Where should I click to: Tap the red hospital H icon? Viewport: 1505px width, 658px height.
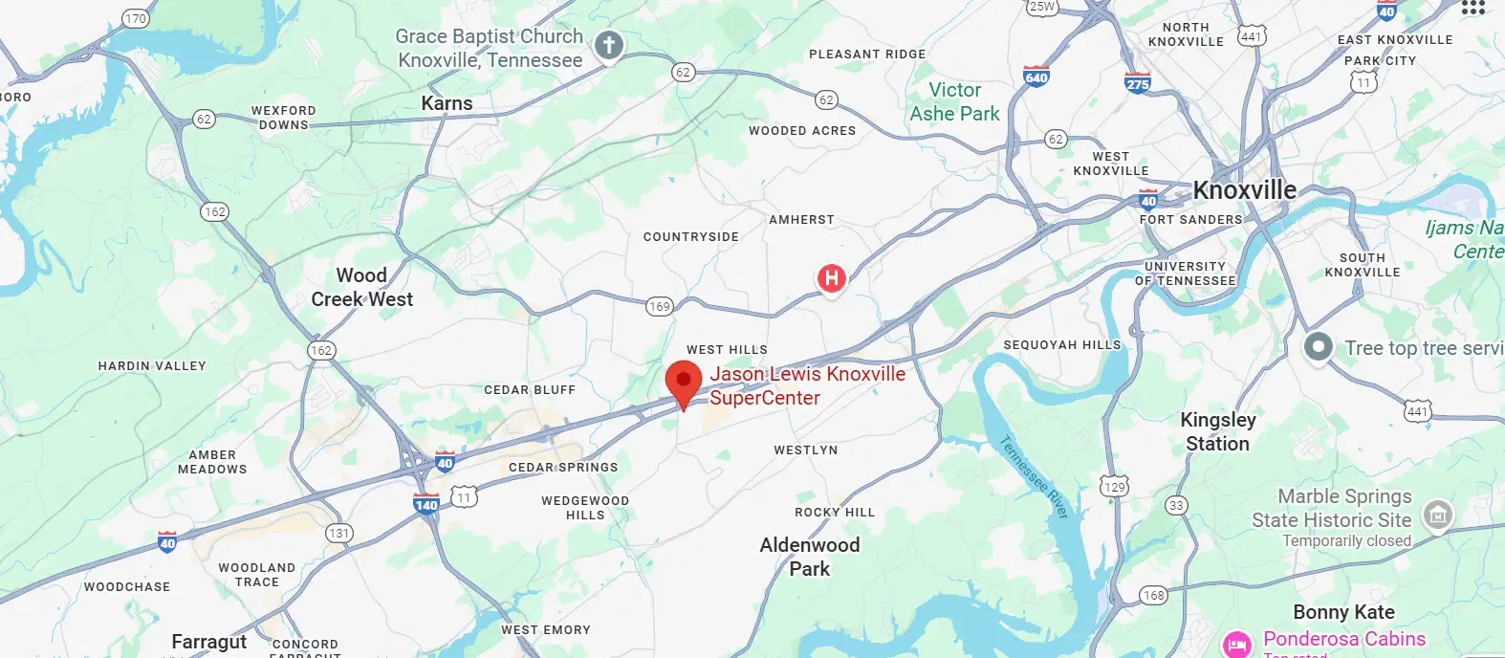[x=832, y=278]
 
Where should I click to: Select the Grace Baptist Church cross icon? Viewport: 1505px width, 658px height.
[x=609, y=45]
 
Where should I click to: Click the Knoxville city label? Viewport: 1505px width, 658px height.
[x=1244, y=190]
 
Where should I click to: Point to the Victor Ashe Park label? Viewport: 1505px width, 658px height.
[x=954, y=101]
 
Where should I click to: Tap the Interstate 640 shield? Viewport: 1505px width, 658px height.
[x=1036, y=77]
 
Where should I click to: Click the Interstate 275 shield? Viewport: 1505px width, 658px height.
[x=1138, y=82]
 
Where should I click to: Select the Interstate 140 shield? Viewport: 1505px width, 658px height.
[x=426, y=504]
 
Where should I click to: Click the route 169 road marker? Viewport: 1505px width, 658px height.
[x=659, y=306]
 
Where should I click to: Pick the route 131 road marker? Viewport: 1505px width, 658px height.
[x=338, y=533]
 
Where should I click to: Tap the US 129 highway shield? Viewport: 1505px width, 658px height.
[x=1114, y=486]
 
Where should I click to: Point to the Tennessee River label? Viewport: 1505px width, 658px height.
[x=1034, y=476]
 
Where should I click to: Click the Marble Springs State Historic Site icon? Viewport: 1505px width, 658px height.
[x=1437, y=515]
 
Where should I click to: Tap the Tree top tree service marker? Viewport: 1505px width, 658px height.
[x=1319, y=346]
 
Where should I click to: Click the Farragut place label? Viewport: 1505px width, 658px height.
[x=208, y=641]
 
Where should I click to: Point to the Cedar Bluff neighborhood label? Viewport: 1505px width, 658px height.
[x=530, y=390]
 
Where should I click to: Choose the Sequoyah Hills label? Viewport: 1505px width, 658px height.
[x=1061, y=344]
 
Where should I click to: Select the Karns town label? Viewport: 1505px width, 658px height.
[x=447, y=103]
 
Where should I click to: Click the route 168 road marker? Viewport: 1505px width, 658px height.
[x=1154, y=595]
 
